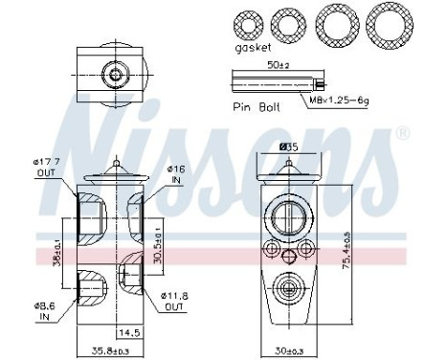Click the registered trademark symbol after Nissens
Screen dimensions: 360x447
point(403,132)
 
